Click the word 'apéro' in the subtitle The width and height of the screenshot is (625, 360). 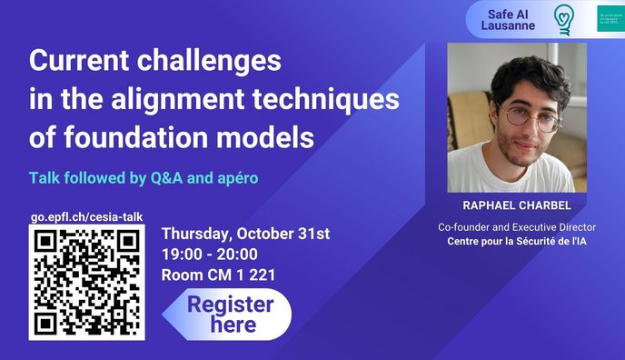[235, 177]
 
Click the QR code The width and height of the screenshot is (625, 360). [86, 283]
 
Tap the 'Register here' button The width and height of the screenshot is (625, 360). [229, 314]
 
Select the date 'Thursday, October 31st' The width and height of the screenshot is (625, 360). [244, 234]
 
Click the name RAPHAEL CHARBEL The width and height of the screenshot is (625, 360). [516, 205]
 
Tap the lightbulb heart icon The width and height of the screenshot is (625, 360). [564, 19]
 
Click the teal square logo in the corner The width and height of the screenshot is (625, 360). [610, 19]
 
